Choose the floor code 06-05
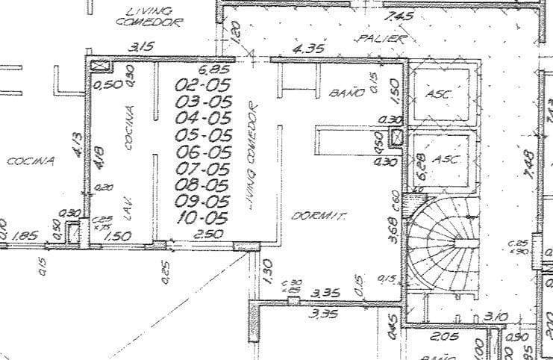point(202,152)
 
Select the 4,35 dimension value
point(308,49)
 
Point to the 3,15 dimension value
point(142,47)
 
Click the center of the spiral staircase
point(456,240)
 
